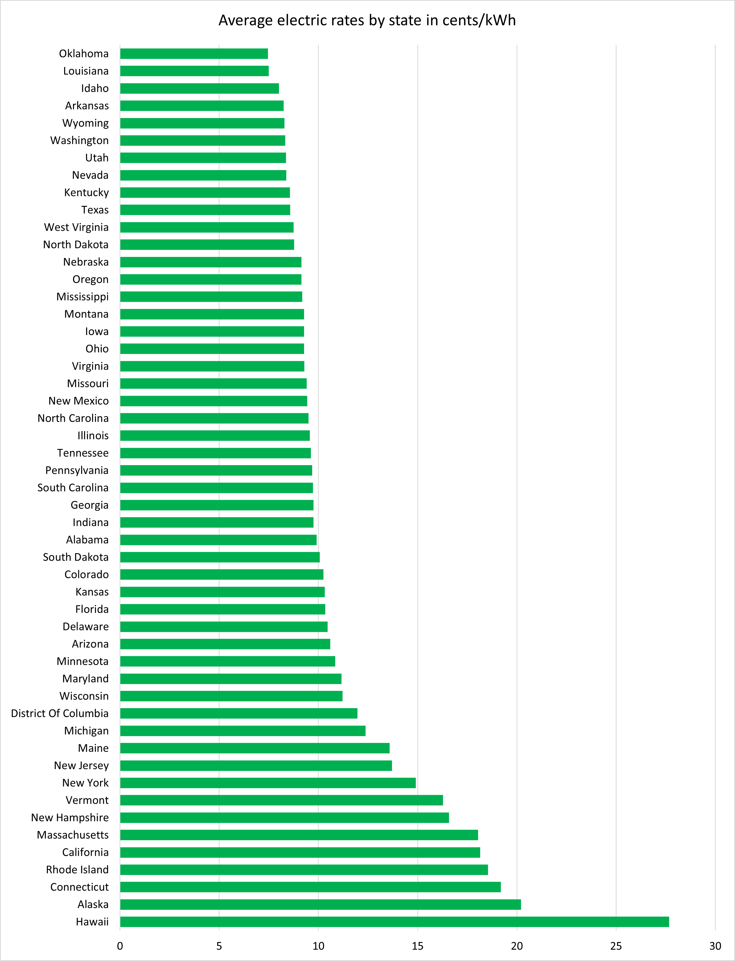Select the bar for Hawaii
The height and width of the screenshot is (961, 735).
[394, 922]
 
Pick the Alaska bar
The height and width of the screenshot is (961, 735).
[320, 904]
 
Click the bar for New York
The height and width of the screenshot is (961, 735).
[268, 783]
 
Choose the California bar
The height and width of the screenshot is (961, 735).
[300, 852]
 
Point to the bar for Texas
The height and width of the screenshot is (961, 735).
[205, 210]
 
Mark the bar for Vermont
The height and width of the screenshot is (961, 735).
[281, 800]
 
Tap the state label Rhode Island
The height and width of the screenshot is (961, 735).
[77, 869]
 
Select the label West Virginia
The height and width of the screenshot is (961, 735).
[76, 228]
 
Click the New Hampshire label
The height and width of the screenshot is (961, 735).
[70, 817]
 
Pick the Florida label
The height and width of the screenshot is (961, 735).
[92, 609]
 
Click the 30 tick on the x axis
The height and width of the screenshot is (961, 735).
[715, 946]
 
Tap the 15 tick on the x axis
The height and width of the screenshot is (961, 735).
[417, 946]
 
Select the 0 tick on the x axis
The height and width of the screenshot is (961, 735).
[120, 946]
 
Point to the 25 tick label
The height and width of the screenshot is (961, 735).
[616, 946]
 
